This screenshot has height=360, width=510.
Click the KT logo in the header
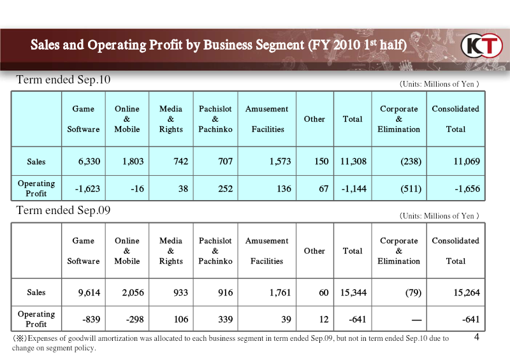coord(482,45)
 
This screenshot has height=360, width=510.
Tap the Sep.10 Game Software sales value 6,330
coord(89,161)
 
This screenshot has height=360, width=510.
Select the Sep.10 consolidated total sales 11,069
coord(467,161)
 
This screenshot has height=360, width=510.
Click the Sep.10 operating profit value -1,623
coord(87,189)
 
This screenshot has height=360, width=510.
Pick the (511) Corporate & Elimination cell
coord(411,189)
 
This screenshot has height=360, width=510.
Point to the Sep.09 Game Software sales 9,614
coord(89,292)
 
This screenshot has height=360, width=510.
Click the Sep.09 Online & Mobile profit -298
coord(135,319)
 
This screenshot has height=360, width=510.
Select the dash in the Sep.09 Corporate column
coord(416,320)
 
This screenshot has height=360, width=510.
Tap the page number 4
coord(476,337)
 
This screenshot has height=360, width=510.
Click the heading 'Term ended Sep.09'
coord(63,210)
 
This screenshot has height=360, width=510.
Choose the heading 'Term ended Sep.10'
coord(63,80)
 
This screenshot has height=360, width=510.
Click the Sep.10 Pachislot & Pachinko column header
coord(215,119)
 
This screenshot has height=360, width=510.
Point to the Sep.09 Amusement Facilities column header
coord(266,251)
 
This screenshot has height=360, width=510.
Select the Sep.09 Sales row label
coord(36,292)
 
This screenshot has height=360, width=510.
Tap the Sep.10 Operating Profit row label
coord(36,189)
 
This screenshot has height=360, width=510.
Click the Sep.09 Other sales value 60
coord(324,292)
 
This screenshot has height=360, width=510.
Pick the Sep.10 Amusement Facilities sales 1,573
coord(280,161)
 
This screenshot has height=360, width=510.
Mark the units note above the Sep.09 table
coord(439,216)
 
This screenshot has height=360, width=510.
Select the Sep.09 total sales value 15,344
coord(353,292)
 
